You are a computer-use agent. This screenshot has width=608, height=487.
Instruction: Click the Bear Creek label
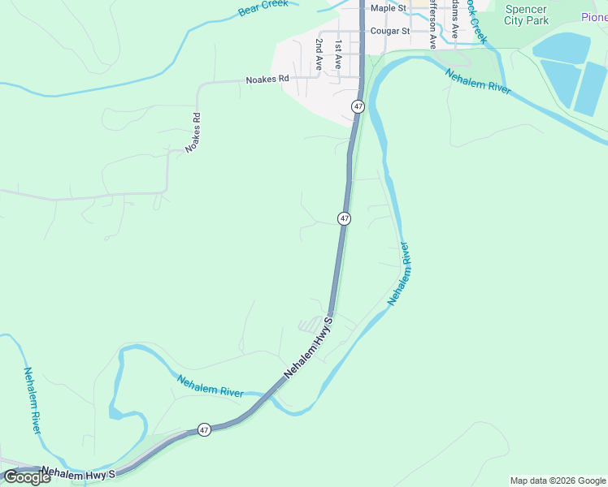tap(263, 9)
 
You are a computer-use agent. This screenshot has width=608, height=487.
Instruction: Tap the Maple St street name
tap(388, 8)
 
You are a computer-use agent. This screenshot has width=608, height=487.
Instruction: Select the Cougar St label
tap(388, 32)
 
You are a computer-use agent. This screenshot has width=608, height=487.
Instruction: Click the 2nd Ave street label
tap(319, 54)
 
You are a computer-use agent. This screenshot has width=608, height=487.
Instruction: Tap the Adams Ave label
tap(455, 20)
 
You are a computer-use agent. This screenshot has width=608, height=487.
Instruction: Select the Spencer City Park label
tap(526, 15)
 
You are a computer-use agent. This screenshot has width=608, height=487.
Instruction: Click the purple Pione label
tap(594, 18)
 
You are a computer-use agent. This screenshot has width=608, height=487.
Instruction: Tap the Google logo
tap(27, 477)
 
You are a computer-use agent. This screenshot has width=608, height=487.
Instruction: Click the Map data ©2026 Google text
tap(558, 481)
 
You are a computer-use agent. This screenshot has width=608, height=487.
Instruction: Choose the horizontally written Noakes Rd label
tap(267, 80)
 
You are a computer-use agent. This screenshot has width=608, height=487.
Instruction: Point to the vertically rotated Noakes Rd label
tap(193, 132)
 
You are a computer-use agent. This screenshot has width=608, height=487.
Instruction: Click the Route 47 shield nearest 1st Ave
tap(358, 106)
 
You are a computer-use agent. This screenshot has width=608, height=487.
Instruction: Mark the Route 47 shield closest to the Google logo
tap(204, 429)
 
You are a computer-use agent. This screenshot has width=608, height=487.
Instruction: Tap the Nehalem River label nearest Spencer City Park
tap(477, 81)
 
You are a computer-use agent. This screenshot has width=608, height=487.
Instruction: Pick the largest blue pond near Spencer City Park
tap(561, 49)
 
